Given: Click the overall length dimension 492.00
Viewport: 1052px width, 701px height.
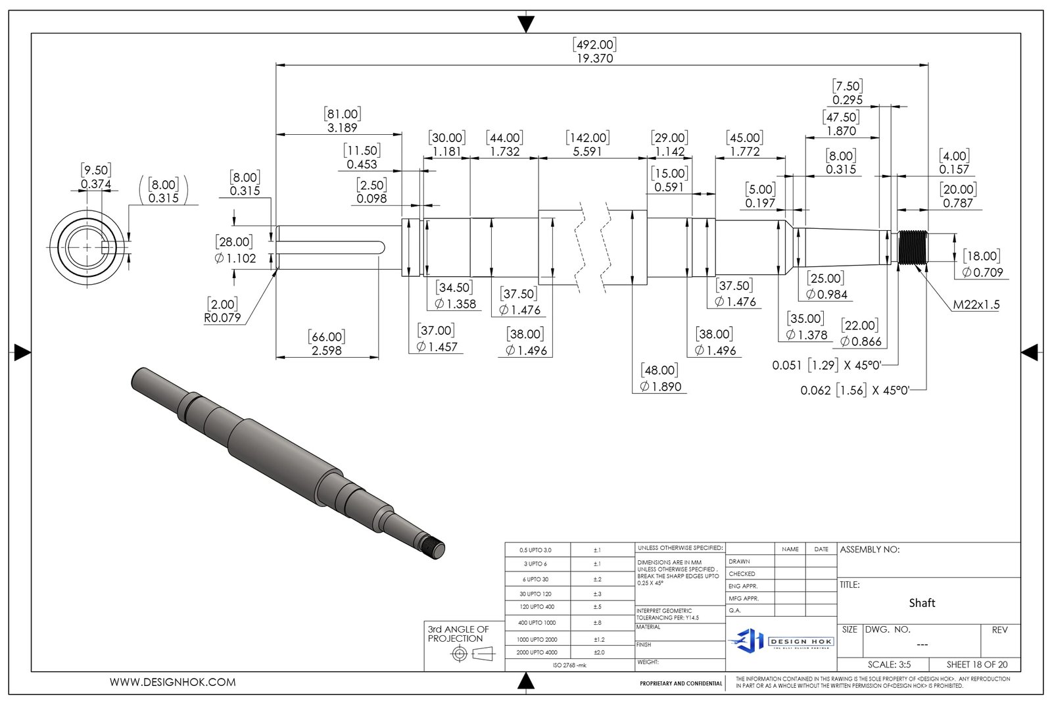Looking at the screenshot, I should click(594, 51).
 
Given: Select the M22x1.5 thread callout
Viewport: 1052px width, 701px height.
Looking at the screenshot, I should click(976, 304).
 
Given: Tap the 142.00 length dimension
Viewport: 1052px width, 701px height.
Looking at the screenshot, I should click(587, 145).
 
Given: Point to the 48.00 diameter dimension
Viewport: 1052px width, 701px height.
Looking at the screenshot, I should click(660, 379).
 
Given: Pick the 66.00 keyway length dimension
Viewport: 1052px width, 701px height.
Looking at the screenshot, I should click(326, 344).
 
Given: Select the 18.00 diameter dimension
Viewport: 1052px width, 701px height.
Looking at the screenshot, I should click(982, 264).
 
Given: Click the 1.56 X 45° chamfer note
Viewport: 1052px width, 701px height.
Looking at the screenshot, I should click(854, 391).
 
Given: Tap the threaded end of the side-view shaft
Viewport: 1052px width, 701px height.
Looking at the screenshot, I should click(913, 247).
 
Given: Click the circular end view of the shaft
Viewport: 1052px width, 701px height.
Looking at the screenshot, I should click(86, 247).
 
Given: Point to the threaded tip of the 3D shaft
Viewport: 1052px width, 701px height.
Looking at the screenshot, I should click(434, 547).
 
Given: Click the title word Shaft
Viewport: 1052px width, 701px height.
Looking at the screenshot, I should click(922, 603).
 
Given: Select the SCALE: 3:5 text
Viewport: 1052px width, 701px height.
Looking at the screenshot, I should click(889, 665).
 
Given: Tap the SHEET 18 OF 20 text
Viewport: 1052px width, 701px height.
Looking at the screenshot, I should click(976, 665).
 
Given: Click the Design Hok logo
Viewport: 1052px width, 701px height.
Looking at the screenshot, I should click(781, 641).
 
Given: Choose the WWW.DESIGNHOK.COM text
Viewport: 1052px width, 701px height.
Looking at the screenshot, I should click(172, 683).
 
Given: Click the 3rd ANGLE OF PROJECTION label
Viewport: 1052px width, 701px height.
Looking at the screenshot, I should click(458, 634).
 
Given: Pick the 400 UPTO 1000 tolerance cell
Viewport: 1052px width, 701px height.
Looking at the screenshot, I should click(537, 623).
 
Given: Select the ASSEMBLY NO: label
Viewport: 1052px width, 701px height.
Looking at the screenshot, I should click(869, 550).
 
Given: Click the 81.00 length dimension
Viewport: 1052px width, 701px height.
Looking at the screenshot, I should click(342, 121).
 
